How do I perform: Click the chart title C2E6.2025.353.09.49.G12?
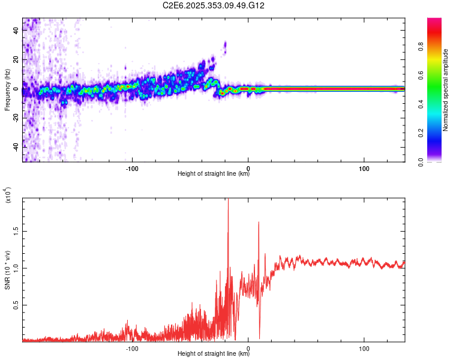pos(214,5)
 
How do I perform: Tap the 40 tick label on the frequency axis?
pos(16,31)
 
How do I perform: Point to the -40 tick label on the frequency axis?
pos(16,147)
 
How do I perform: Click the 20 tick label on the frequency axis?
pos(16,60)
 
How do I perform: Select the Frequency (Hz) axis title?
pos(7,90)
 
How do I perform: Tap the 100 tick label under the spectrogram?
pos(364,169)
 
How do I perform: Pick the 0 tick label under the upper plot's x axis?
pos(248,169)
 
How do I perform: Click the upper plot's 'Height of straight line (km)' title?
pos(214,175)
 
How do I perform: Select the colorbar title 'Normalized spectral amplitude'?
pos(446,90)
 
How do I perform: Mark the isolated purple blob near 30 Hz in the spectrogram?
pos(225,46)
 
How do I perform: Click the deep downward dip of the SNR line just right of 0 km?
pos(259,338)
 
